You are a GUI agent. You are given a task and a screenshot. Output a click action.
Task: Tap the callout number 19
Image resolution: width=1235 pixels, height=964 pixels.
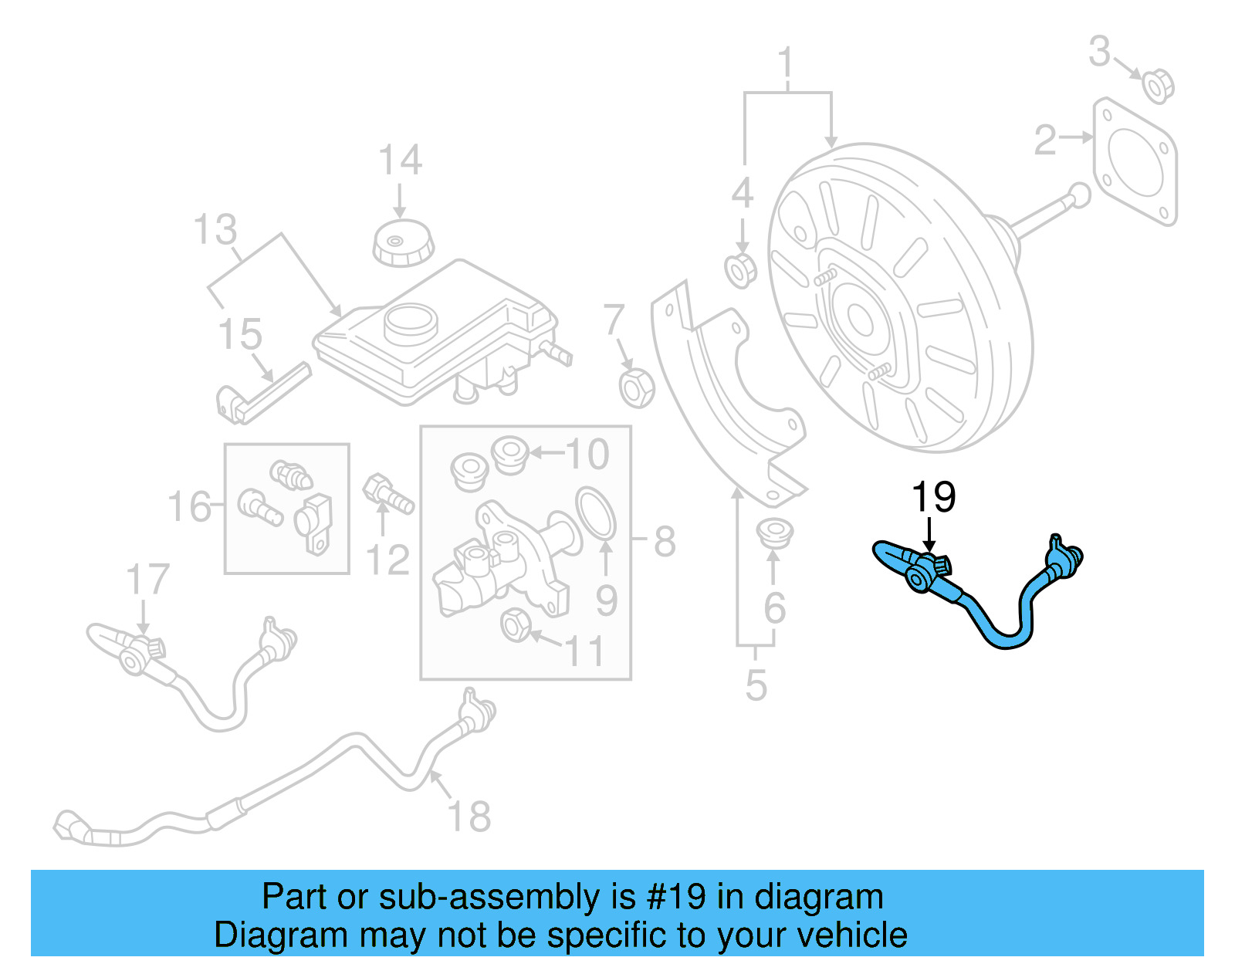[933, 498]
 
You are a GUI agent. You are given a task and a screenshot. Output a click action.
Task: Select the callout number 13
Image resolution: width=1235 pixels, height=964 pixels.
[215, 230]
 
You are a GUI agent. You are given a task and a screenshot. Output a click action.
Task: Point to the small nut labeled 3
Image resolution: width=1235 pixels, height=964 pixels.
[1156, 85]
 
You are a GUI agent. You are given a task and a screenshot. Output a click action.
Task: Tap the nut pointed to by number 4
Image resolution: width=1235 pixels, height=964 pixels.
[741, 269]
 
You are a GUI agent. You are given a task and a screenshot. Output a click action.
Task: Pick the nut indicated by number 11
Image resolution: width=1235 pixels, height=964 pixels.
[515, 624]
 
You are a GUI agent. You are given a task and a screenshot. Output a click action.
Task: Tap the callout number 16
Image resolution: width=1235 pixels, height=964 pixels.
[189, 508]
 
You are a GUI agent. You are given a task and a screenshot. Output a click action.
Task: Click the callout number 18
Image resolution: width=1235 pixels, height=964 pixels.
[469, 817]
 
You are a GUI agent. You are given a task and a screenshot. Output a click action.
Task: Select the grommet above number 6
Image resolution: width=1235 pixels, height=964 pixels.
[773, 533]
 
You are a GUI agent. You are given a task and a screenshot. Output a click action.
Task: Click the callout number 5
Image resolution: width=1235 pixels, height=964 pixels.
[756, 685]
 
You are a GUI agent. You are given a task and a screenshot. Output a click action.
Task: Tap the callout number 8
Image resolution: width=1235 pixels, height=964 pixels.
[665, 541]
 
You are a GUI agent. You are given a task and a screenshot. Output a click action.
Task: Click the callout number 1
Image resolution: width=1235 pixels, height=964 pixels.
[785, 63]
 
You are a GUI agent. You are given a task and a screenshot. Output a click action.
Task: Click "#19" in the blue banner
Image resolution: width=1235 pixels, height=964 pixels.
[675, 898]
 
